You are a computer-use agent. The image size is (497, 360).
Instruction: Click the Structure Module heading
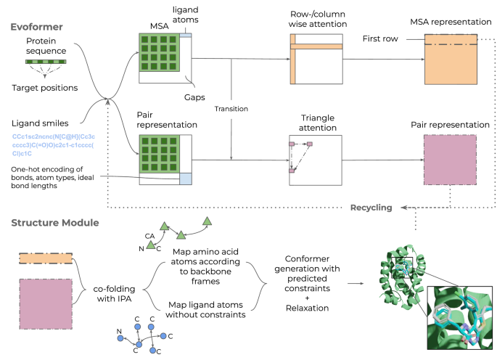pyautogui.click(x=54, y=222)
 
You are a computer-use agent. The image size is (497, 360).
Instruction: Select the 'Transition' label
pyautogui.click(x=231, y=109)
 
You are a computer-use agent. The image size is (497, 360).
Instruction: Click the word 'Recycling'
pyautogui.click(x=371, y=208)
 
